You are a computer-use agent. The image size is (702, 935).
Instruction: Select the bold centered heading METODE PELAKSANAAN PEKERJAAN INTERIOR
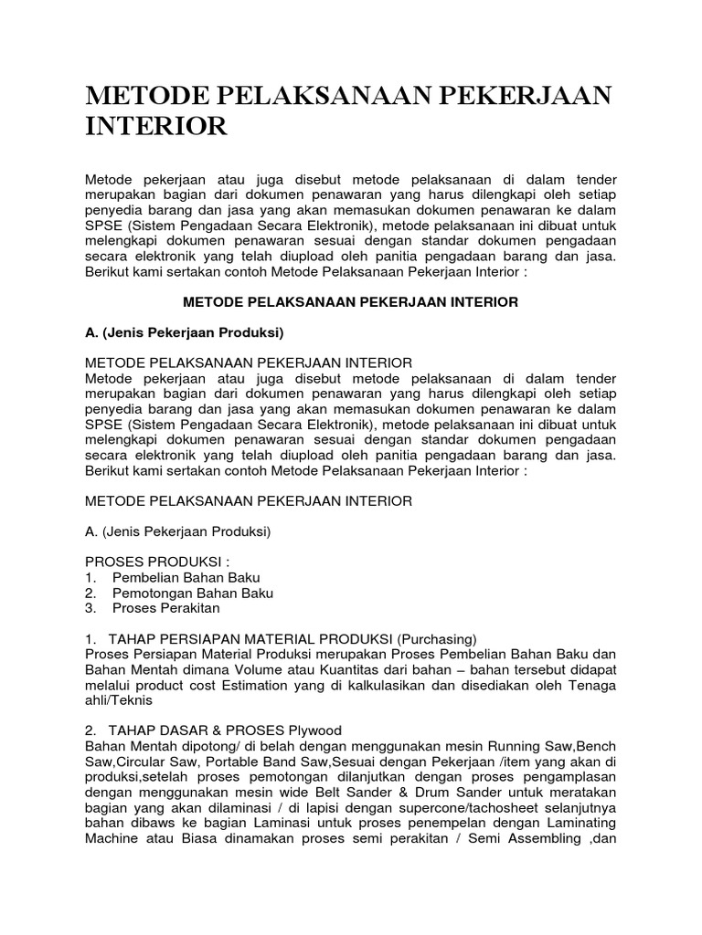(350, 301)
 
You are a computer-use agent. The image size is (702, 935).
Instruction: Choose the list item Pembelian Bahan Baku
(186, 577)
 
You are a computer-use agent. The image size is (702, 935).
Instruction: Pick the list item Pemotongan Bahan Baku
(193, 593)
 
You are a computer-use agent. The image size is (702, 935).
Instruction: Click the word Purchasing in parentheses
(436, 638)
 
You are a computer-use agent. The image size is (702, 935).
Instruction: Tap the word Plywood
(310, 730)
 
